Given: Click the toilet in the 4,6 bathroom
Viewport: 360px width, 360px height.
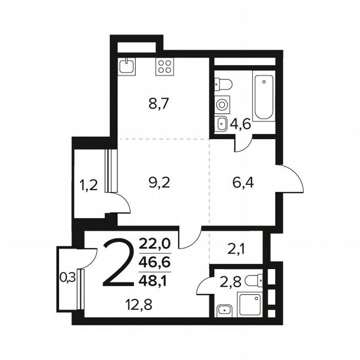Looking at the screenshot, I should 223,85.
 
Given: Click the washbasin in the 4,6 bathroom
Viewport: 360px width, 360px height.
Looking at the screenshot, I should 222,124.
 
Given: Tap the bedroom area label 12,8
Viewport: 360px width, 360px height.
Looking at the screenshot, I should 139,305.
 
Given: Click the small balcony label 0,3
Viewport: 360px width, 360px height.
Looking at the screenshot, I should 67,277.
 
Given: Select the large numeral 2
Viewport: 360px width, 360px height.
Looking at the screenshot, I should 118,263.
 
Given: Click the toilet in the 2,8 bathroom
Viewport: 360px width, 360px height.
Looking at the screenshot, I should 254,280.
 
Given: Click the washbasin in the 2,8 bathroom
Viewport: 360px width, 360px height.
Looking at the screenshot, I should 225,310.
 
